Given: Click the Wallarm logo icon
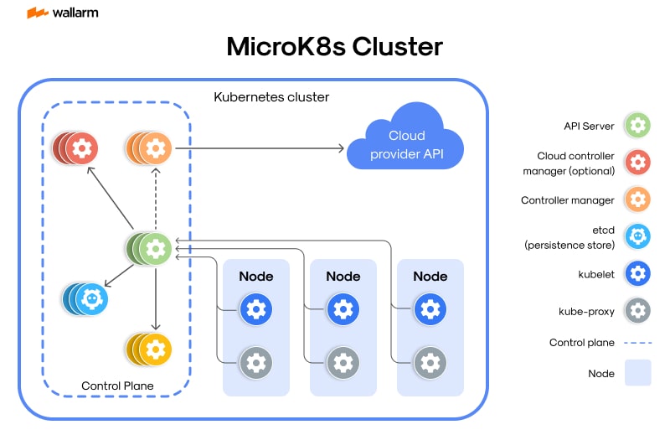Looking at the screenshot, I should tap(36, 13).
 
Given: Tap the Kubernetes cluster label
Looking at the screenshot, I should tap(272, 97).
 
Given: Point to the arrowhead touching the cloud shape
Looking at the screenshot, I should tap(340, 149).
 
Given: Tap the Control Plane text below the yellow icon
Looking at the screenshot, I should tap(117, 386).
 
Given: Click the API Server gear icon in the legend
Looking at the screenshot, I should tap(638, 127).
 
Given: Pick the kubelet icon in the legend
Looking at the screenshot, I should tap(638, 274).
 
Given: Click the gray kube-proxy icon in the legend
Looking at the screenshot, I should tap(638, 311).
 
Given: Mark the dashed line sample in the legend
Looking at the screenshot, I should tap(638, 343).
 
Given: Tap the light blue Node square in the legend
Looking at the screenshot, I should tap(638, 373).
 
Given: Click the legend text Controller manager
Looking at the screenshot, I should tap(568, 200).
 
